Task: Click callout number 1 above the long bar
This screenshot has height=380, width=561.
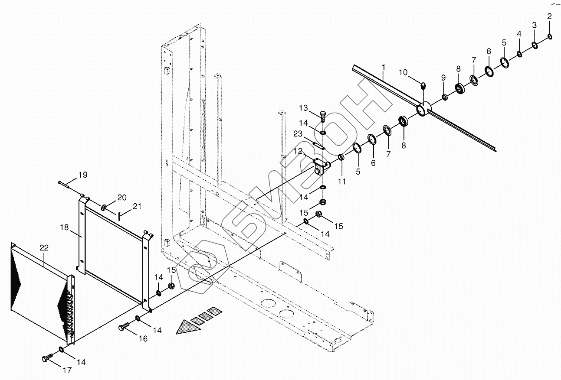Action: coord(384,67)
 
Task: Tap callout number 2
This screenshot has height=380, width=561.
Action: coord(549,17)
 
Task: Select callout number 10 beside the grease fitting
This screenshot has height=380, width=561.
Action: coord(403,72)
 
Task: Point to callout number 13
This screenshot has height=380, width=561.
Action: coord(303,107)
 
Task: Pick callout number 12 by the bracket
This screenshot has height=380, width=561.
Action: coord(299,151)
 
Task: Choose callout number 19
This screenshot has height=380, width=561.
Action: coord(82,175)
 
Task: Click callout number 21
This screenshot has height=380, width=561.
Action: coord(137,207)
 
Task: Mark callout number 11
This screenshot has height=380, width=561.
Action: coord(342,182)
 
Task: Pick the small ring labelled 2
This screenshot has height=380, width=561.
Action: coord(550,36)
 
